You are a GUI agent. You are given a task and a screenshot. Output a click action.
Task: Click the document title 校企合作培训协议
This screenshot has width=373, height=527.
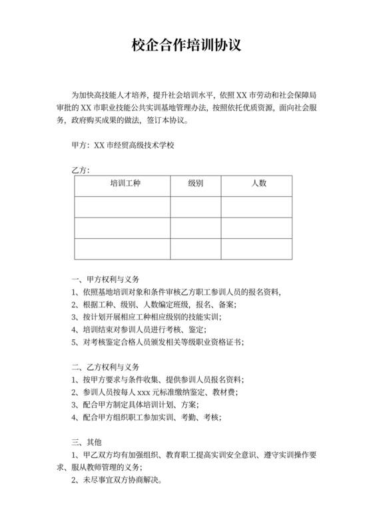pyautogui.click(x=186, y=45)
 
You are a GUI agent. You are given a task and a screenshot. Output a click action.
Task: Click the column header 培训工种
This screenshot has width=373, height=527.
pyautogui.click(x=122, y=183)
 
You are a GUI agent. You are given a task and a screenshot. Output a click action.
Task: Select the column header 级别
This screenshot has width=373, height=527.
pyautogui.click(x=195, y=183)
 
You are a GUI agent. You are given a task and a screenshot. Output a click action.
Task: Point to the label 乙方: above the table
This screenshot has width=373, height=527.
pyautogui.click(x=80, y=170)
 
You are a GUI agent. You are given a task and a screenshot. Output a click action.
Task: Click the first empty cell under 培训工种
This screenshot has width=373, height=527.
pyautogui.click(x=122, y=206)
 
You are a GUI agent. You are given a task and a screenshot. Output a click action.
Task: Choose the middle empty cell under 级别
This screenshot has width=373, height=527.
pyautogui.click(x=195, y=228)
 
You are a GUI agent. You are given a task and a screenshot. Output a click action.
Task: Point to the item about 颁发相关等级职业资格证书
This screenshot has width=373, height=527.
pyautogui.click(x=157, y=342)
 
